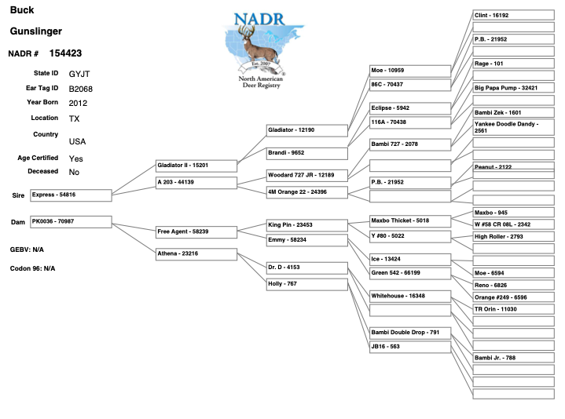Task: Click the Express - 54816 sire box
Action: pyautogui.click(x=71, y=195)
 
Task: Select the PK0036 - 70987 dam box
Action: pyautogui.click(x=71, y=222)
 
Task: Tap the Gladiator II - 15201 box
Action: pyautogui.click(x=196, y=166)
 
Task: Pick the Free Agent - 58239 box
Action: pyautogui.click(x=196, y=232)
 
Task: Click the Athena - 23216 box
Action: pyautogui.click(x=196, y=254)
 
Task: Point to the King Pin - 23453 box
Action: pyautogui.click(x=307, y=225)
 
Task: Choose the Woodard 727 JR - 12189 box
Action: pyautogui.click(x=307, y=176)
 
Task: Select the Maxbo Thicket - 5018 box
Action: pyautogui.click(x=410, y=221)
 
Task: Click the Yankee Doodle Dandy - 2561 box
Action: pyautogui.click(x=513, y=127)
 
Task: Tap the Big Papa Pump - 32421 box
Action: pyautogui.click(x=513, y=88)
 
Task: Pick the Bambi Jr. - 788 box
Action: pyautogui.click(x=513, y=358)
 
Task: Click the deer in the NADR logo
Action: pyautogui.click(x=258, y=45)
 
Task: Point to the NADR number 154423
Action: pyautogui.click(x=65, y=53)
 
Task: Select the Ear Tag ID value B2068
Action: pyautogui.click(x=81, y=89)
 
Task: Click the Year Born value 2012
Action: pyautogui.click(x=78, y=104)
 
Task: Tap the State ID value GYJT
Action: pyautogui.click(x=79, y=74)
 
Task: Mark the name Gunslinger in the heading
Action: pyautogui.click(x=36, y=31)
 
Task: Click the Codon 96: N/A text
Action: pyautogui.click(x=32, y=268)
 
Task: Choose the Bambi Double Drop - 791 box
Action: pyautogui.click(x=410, y=333)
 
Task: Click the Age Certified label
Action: pyautogui.click(x=38, y=158)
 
